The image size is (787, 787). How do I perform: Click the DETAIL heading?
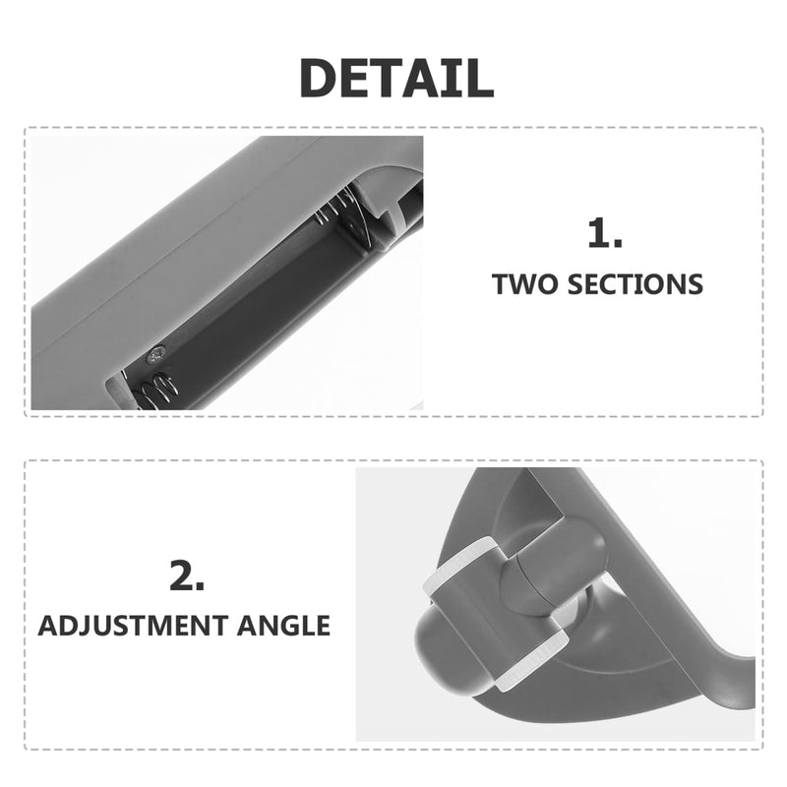[x=396, y=78]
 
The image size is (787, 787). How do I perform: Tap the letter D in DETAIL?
[x=318, y=78]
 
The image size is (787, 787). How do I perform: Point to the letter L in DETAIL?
[x=479, y=78]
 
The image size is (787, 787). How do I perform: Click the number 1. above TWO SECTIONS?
[x=605, y=232]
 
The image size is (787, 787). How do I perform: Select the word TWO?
[x=525, y=284]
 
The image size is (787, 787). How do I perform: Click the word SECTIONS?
[x=635, y=284]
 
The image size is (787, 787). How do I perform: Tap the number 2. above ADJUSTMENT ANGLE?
[x=187, y=575]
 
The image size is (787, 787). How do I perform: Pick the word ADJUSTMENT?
[x=133, y=626]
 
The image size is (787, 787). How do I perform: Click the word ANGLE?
[x=283, y=626]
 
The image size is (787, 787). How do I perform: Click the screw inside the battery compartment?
[x=155, y=356]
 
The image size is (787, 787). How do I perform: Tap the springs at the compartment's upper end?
[x=335, y=205]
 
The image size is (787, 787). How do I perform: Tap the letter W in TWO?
[x=525, y=284]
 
